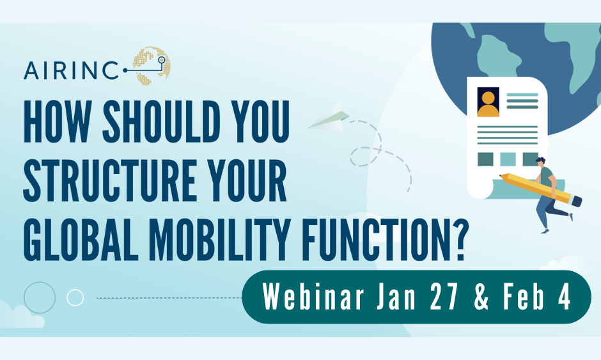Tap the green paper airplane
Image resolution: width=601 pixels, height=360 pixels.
pyautogui.click(x=330, y=120)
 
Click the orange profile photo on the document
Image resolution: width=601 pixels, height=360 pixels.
pyautogui.click(x=488, y=102)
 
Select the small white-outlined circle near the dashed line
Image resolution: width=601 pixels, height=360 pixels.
pyautogui.click(x=75, y=297)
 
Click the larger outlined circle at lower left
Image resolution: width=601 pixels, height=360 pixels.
pyautogui.click(x=39, y=297)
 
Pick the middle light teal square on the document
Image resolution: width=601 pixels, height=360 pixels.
pyautogui.click(x=508, y=159)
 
